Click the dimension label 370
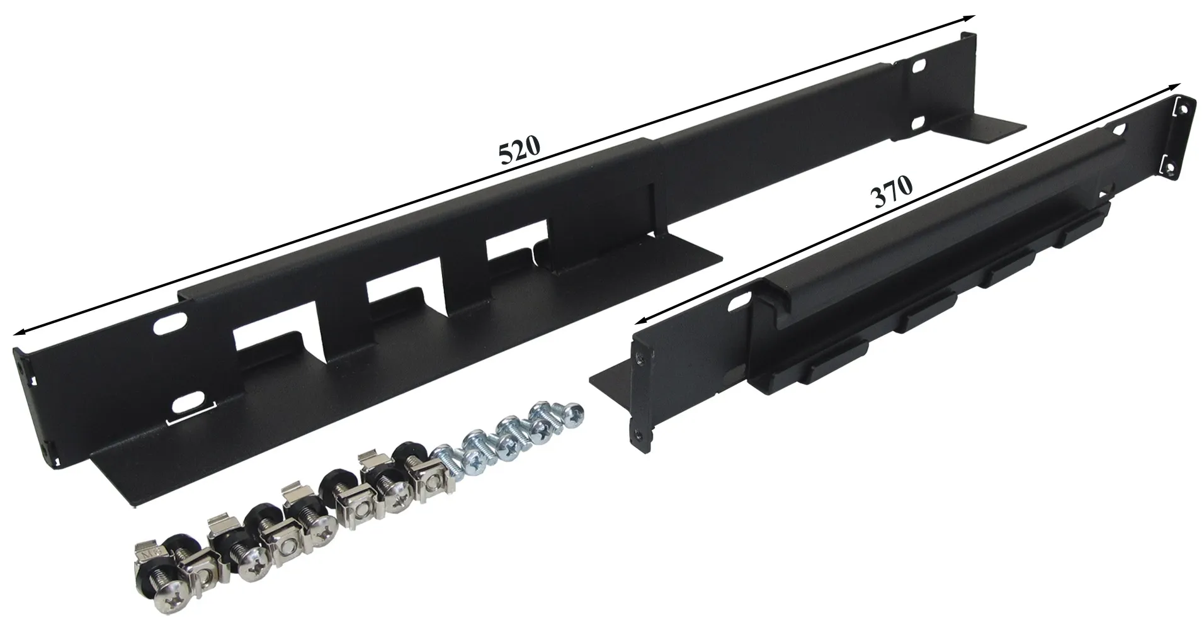click(891, 191)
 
